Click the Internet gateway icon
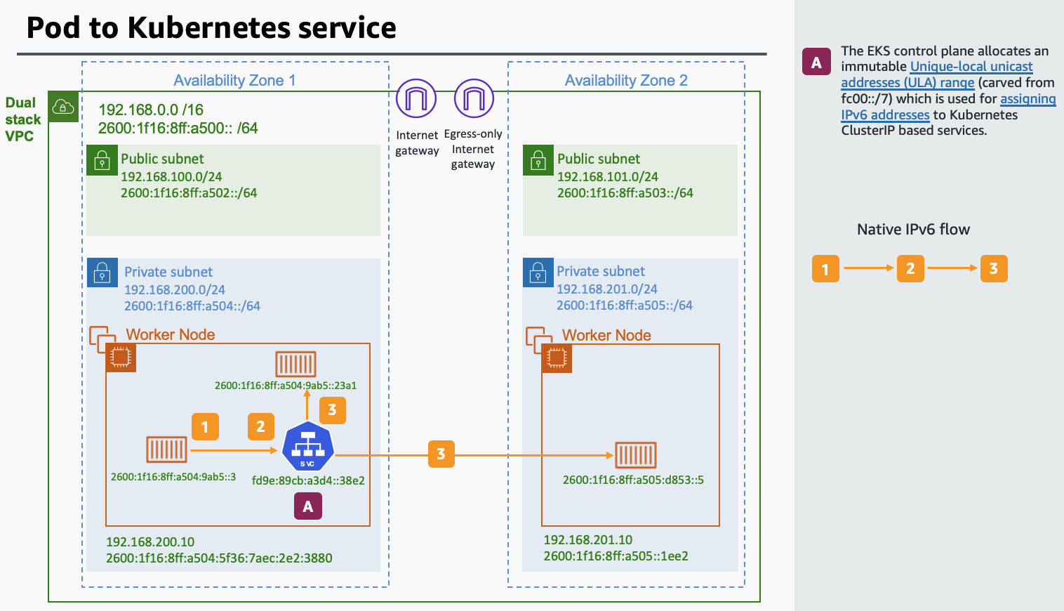416,99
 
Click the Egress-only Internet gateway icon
474,99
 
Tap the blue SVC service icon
307,447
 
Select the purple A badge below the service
307,506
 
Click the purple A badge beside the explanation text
816,62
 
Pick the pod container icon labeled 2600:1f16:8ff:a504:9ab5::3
166,449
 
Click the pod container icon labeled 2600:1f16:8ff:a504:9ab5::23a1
295,364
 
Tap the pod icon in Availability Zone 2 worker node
635,455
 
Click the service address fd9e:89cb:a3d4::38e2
308,481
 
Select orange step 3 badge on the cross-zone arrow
441,454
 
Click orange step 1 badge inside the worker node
205,427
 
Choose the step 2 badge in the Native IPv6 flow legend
910,268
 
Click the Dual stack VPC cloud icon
63,107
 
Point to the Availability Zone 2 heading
626,81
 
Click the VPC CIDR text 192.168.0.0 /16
151,110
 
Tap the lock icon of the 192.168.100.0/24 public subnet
102,160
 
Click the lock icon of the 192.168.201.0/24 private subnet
538,273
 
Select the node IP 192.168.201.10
587,540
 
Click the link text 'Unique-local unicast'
971,67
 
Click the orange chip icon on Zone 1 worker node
121,357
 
